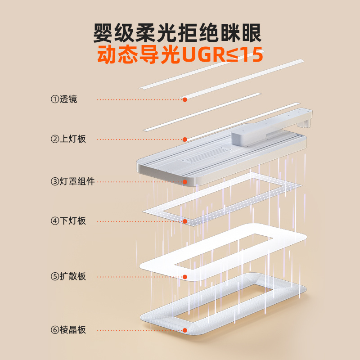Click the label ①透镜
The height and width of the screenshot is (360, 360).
click(63, 99)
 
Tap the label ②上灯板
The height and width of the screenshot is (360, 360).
click(68, 139)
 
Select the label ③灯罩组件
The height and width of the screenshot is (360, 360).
click(72, 182)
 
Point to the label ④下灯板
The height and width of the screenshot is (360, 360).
click(68, 221)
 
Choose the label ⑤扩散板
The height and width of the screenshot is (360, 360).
click(68, 276)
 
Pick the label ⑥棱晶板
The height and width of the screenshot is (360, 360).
click(68, 330)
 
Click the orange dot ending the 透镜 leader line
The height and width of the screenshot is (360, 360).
click(184, 99)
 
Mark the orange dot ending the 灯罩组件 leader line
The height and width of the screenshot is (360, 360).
click(184, 182)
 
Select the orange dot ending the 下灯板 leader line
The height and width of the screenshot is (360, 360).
click(184, 221)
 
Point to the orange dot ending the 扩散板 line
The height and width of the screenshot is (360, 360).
click(184, 276)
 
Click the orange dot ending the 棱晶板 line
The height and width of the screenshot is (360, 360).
click(184, 330)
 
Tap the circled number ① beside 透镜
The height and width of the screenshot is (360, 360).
click(54, 99)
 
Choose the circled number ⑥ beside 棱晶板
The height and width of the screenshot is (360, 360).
click(54, 330)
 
